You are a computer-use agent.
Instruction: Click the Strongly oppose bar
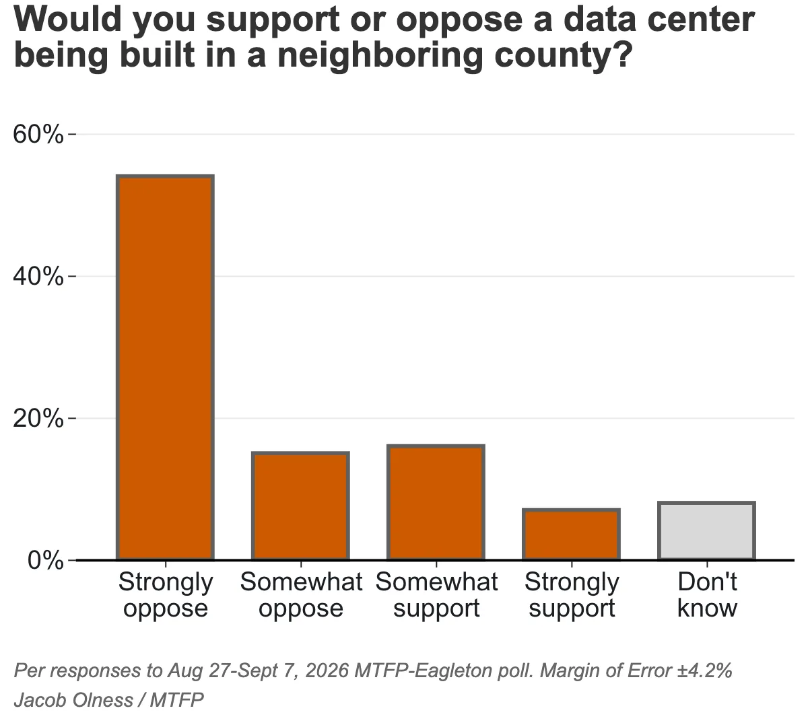point(165,368)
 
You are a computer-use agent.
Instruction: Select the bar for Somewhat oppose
point(300,506)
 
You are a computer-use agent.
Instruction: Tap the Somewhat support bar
point(436,502)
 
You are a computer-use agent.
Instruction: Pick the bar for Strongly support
point(571,534)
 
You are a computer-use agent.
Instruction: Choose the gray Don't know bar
point(706,531)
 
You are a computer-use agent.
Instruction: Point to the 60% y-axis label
point(38,134)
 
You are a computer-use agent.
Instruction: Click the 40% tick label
point(38,276)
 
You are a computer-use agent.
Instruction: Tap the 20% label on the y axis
point(38,419)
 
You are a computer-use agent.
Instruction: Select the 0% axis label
point(46,560)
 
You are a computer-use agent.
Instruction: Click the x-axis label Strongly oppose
point(165,594)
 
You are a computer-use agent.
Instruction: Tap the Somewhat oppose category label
point(301,594)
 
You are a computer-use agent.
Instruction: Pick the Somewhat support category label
point(436,594)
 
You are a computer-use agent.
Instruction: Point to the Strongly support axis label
point(572,594)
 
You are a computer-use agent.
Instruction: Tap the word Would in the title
point(67,20)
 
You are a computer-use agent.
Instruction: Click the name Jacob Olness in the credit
point(73,700)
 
